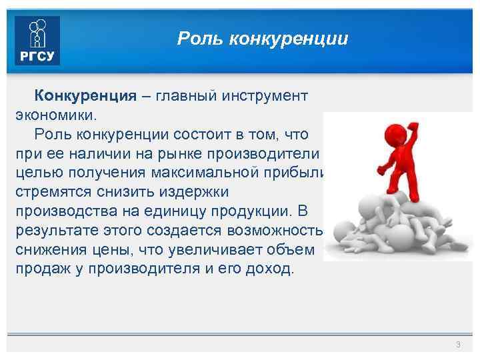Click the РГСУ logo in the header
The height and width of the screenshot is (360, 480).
[37, 41]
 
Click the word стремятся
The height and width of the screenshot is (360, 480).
[53, 193]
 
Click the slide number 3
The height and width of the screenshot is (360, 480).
[458, 344]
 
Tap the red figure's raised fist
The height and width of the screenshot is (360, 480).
[413, 125]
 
